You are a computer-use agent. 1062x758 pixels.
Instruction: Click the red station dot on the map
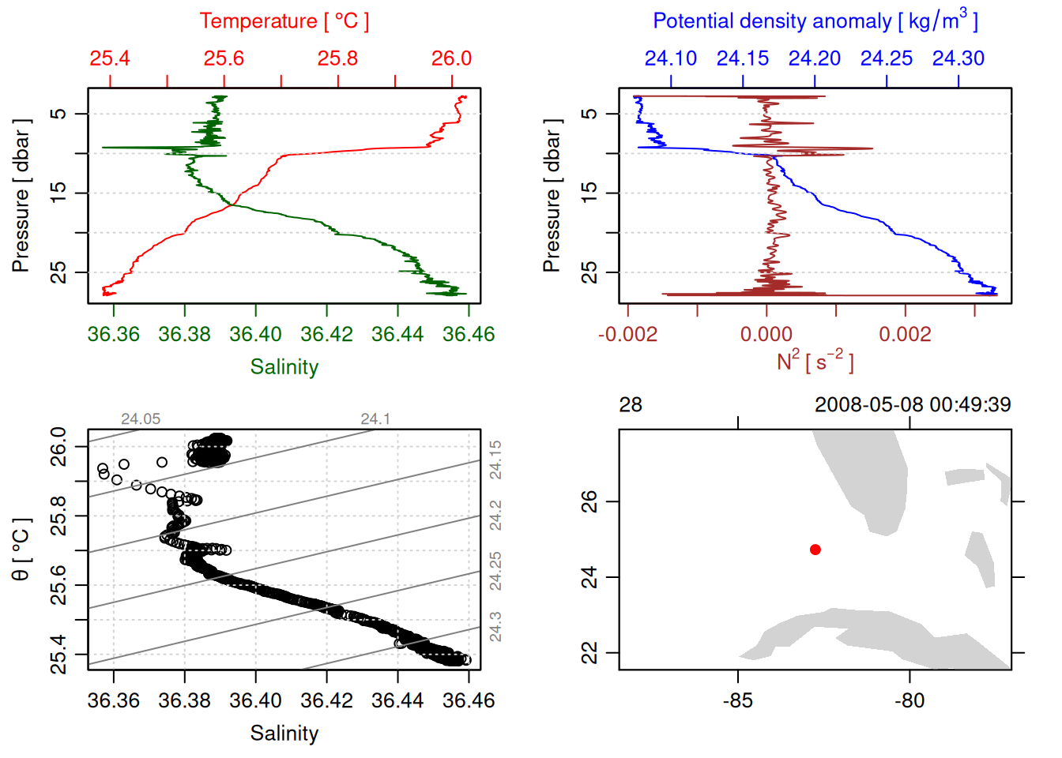(815, 550)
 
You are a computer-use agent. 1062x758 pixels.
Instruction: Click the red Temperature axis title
(284, 21)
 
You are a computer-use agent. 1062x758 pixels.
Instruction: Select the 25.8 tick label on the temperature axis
(337, 58)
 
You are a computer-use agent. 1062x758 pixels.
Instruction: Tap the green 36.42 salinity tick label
(326, 334)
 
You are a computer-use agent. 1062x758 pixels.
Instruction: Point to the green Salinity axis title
(284, 367)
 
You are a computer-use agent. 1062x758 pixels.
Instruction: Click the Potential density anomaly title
(815, 21)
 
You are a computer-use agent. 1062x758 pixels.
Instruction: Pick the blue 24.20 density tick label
(815, 58)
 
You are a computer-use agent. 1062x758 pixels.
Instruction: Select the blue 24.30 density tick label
(958, 58)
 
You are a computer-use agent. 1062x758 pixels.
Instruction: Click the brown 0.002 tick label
(905, 334)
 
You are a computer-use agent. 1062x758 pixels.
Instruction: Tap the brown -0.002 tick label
(627, 334)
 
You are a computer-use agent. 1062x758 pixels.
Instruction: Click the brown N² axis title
(815, 361)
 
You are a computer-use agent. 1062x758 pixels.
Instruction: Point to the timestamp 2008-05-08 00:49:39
(913, 405)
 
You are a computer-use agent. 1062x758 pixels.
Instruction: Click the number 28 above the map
(631, 405)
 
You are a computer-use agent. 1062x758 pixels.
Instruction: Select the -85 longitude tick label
(738, 700)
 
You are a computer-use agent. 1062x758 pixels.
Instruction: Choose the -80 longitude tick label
(909, 700)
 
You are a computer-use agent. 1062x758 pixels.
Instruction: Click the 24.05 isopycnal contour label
(141, 419)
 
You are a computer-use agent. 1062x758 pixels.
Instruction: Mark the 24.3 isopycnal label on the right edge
(495, 626)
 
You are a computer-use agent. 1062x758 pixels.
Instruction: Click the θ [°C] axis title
(21, 550)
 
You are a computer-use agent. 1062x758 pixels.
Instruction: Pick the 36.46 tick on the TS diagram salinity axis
(469, 700)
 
